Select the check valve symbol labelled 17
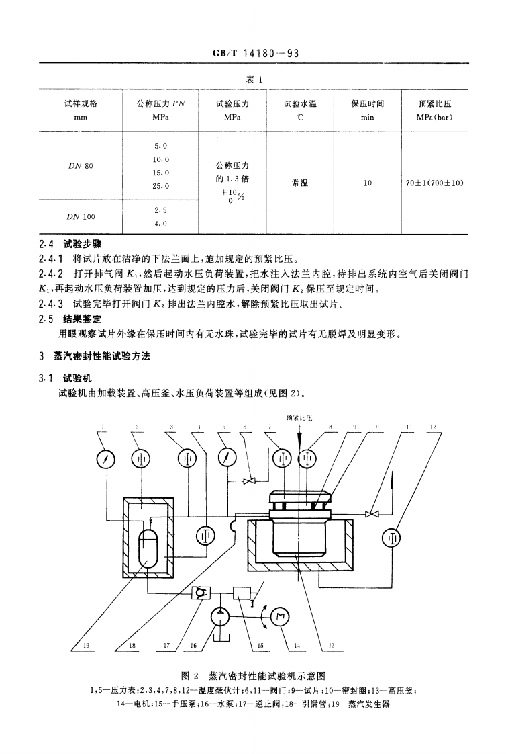(199, 593)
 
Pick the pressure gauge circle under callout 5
(229, 459)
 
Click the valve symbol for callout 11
(371, 515)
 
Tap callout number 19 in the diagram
(86, 646)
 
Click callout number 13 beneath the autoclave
(331, 646)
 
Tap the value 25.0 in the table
(160, 186)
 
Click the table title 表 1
(252, 79)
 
